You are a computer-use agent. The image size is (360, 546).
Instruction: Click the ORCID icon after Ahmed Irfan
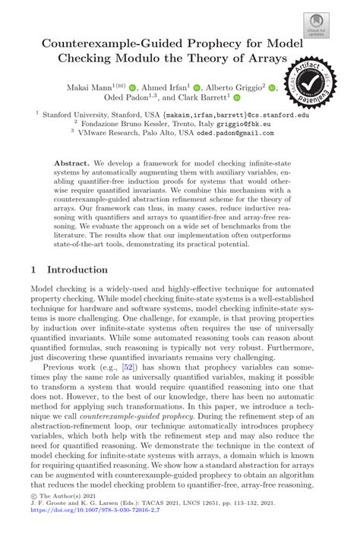(197, 88)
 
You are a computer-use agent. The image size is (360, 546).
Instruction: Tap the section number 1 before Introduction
(33, 270)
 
